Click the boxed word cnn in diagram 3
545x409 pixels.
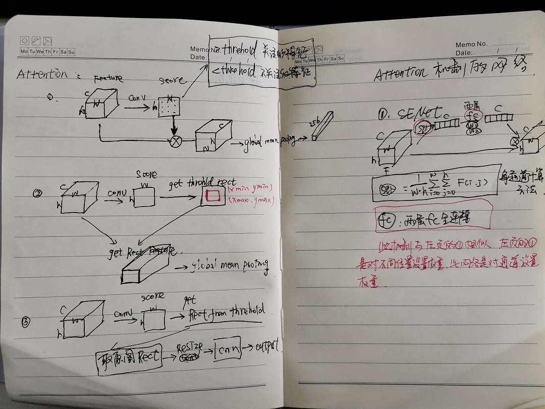[x=226, y=350]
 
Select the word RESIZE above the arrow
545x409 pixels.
[x=190, y=347]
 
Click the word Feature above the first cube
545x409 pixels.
[x=108, y=79]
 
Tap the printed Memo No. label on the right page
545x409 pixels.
[x=471, y=44]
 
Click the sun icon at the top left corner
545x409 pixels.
[x=24, y=40]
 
